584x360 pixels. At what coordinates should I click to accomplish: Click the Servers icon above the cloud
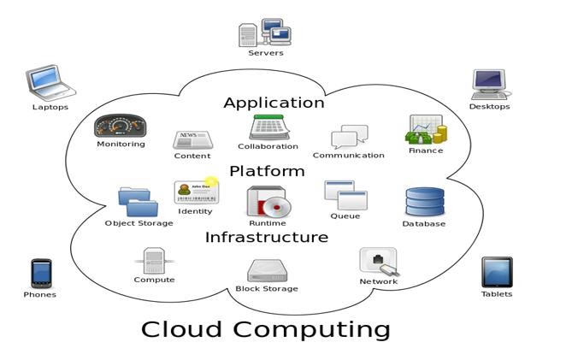click(x=265, y=32)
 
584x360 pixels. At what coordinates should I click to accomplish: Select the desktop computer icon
click(x=488, y=85)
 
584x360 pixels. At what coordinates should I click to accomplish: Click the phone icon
click(x=40, y=274)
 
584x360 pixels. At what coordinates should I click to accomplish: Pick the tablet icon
click(x=496, y=273)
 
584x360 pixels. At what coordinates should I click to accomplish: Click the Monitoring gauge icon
click(x=121, y=126)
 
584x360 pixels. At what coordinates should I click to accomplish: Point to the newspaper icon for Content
click(x=192, y=140)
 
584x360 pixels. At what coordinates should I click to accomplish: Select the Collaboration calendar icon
click(x=268, y=127)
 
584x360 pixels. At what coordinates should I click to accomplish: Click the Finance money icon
click(x=426, y=130)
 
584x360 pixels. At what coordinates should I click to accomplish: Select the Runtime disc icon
click(x=268, y=202)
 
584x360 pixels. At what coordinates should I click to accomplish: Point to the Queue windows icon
click(x=345, y=195)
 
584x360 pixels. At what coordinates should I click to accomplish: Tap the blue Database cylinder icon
click(x=424, y=202)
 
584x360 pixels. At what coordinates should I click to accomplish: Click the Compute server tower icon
click(x=154, y=260)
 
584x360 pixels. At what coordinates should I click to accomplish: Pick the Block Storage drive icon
click(x=267, y=271)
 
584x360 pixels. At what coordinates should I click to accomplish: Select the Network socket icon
click(x=378, y=261)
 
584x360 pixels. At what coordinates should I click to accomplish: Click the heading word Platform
click(x=267, y=171)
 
